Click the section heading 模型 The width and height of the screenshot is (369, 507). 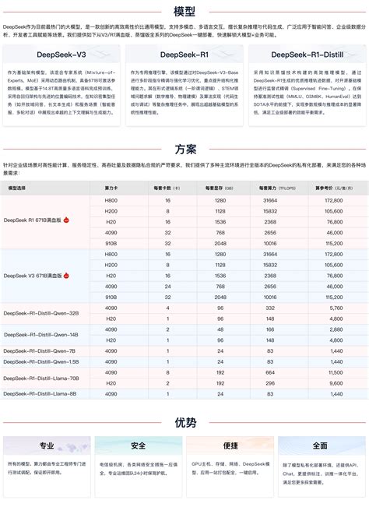point(184,11)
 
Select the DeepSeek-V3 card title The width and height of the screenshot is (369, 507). point(62,55)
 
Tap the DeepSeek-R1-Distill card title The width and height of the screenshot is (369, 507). point(306,55)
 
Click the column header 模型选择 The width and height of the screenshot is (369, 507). point(17,188)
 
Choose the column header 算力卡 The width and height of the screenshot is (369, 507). point(111,188)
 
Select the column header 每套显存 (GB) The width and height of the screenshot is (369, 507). point(220,188)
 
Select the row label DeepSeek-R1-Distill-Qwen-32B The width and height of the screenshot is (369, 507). point(41,313)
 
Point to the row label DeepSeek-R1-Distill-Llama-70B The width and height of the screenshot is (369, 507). point(41,378)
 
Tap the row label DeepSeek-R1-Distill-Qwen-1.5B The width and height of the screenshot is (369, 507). point(41,361)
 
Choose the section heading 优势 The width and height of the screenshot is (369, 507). point(184,423)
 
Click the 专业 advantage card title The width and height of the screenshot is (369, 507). point(47,446)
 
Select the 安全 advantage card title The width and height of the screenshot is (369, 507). point(139,446)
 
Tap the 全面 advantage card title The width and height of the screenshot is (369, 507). point(320,446)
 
